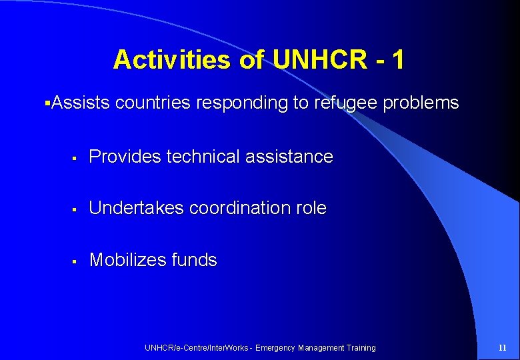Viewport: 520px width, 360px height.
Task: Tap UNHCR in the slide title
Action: click(319, 60)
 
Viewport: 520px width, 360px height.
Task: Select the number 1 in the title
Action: click(397, 60)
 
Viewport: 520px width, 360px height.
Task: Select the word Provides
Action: click(125, 157)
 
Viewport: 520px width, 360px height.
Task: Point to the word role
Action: click(311, 208)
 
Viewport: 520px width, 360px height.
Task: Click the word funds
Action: click(194, 260)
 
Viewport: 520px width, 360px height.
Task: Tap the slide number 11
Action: click(503, 348)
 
